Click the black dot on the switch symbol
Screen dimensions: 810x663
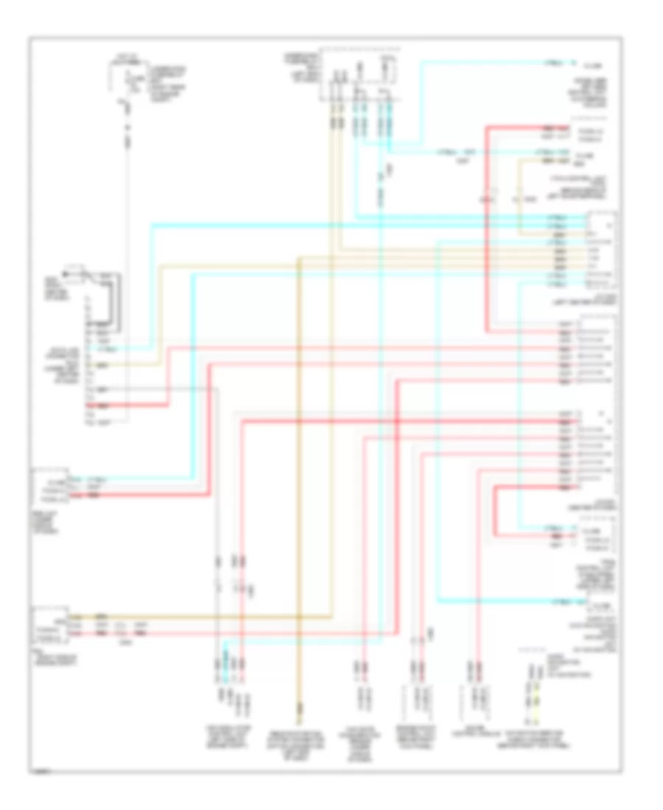(x=66, y=276)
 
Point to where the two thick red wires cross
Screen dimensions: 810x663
(x=396, y=421)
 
